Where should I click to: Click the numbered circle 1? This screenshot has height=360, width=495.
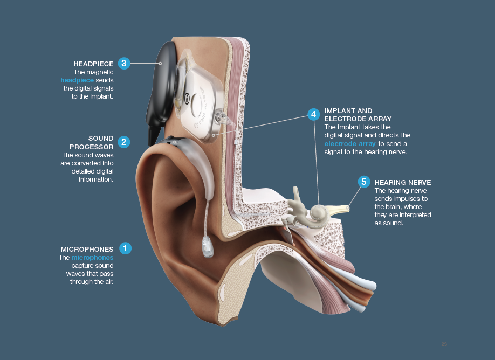click(125, 248)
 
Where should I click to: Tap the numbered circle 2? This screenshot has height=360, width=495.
click(124, 142)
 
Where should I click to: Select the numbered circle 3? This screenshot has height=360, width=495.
click(124, 63)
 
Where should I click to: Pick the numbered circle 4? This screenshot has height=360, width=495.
click(313, 114)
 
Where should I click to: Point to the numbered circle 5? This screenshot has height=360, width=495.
click(364, 182)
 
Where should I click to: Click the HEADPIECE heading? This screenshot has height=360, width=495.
click(93, 64)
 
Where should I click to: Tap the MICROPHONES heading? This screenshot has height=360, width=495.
click(87, 249)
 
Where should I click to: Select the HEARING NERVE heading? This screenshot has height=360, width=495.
click(403, 183)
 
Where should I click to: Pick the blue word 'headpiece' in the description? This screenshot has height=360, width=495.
click(77, 80)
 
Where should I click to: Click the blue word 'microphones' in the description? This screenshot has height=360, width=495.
click(92, 258)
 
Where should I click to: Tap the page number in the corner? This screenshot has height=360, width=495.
click(444, 344)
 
